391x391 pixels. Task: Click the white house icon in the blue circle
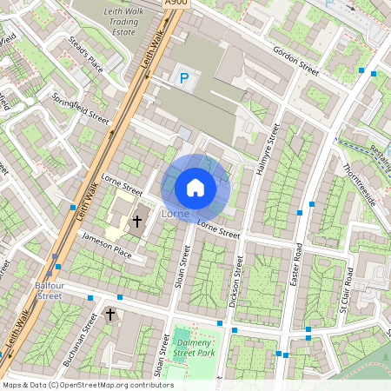[195, 187]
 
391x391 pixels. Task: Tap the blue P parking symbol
[183, 79]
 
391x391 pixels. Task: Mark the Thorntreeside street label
[358, 183]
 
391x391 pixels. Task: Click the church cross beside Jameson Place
[136, 222]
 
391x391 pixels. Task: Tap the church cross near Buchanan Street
[110, 314]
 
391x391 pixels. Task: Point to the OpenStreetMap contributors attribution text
[88, 385]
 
